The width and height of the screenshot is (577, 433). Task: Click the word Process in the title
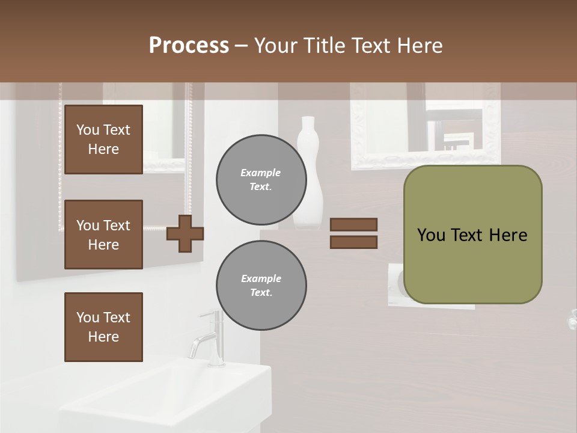coord(189,46)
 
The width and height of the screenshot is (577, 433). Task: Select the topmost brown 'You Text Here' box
coord(103,140)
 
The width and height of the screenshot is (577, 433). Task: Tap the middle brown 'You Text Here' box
coord(103,235)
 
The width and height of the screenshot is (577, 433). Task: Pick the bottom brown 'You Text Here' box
coord(103,327)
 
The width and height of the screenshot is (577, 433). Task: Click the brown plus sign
coord(185,234)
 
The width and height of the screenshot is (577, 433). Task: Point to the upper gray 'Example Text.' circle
coord(261,180)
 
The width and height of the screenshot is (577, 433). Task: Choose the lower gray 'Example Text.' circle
coord(261,285)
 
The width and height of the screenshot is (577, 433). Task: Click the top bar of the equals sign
coord(353,224)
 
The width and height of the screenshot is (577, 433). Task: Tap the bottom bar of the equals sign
coord(353,242)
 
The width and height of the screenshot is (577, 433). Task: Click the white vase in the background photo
coord(310,174)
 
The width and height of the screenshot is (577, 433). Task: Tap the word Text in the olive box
coord(467,235)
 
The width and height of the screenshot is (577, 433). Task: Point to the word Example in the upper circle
coord(260,173)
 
